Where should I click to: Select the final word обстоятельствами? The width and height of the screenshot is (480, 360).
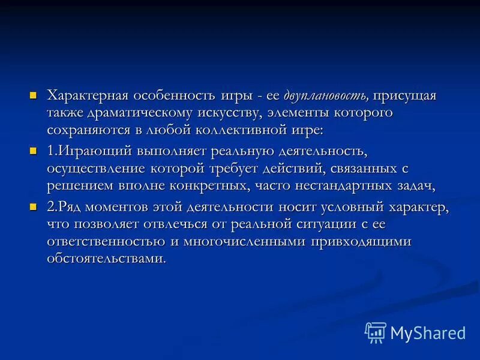pyautogui.click(x=106, y=258)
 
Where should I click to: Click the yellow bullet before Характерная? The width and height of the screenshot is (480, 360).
pyautogui.click(x=34, y=95)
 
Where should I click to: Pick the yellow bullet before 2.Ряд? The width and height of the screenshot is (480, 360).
pyautogui.click(x=34, y=207)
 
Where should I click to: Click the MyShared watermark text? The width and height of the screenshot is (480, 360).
pyautogui.click(x=428, y=332)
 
